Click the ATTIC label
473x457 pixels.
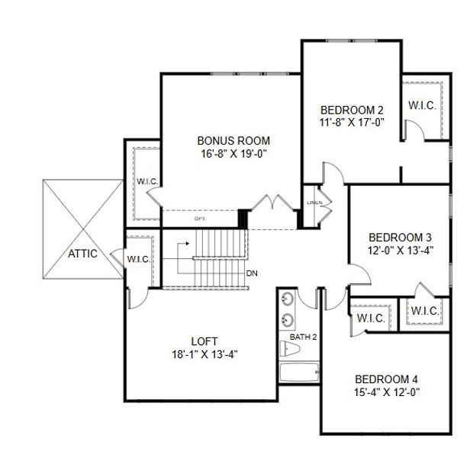(x=83, y=254)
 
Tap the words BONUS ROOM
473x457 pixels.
(x=233, y=141)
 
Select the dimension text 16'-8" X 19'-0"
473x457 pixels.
(x=233, y=153)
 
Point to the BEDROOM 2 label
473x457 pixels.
(x=351, y=109)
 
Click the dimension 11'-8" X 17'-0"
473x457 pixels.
(x=351, y=121)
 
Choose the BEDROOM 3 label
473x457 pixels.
(x=400, y=236)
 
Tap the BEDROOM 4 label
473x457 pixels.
(x=386, y=379)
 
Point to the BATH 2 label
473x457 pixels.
(x=302, y=336)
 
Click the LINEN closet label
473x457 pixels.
(x=314, y=203)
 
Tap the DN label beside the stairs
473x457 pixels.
(x=252, y=272)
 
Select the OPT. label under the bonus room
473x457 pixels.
(x=201, y=219)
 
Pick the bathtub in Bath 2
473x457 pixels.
(x=298, y=374)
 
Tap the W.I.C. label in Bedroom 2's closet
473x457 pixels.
(x=422, y=106)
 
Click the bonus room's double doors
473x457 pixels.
(x=272, y=203)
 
